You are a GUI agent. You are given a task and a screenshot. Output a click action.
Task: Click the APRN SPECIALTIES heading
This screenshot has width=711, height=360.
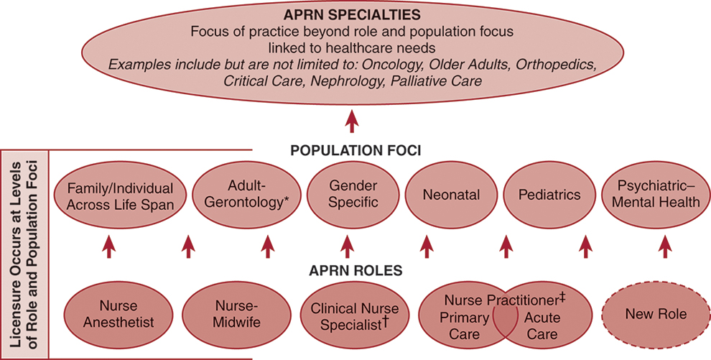coord(351,14)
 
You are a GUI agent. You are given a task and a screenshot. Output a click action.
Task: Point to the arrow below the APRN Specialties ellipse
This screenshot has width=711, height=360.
coord(351,121)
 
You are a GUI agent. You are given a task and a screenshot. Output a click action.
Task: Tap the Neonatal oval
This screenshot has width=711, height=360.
coord(452,195)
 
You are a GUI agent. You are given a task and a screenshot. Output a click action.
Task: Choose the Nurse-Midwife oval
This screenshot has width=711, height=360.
coord(235,315)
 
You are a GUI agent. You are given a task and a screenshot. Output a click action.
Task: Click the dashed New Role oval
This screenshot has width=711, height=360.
coord(655,314)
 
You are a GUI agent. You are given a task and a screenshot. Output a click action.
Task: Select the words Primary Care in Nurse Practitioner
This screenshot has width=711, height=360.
coord(464,326)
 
